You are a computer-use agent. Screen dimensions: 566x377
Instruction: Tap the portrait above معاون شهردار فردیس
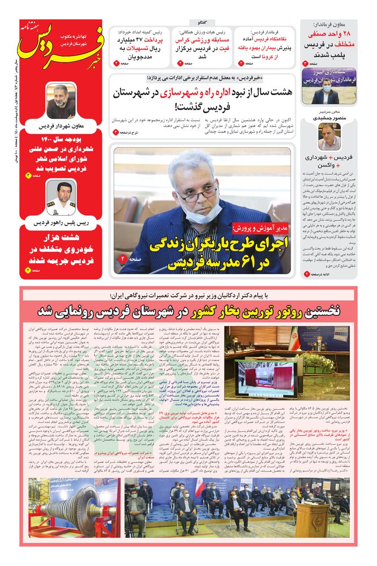[x=60, y=101]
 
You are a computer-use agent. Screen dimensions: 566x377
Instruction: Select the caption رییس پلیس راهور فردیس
[x=60, y=223]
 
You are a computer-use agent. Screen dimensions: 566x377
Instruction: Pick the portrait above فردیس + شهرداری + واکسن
[x=329, y=136]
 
